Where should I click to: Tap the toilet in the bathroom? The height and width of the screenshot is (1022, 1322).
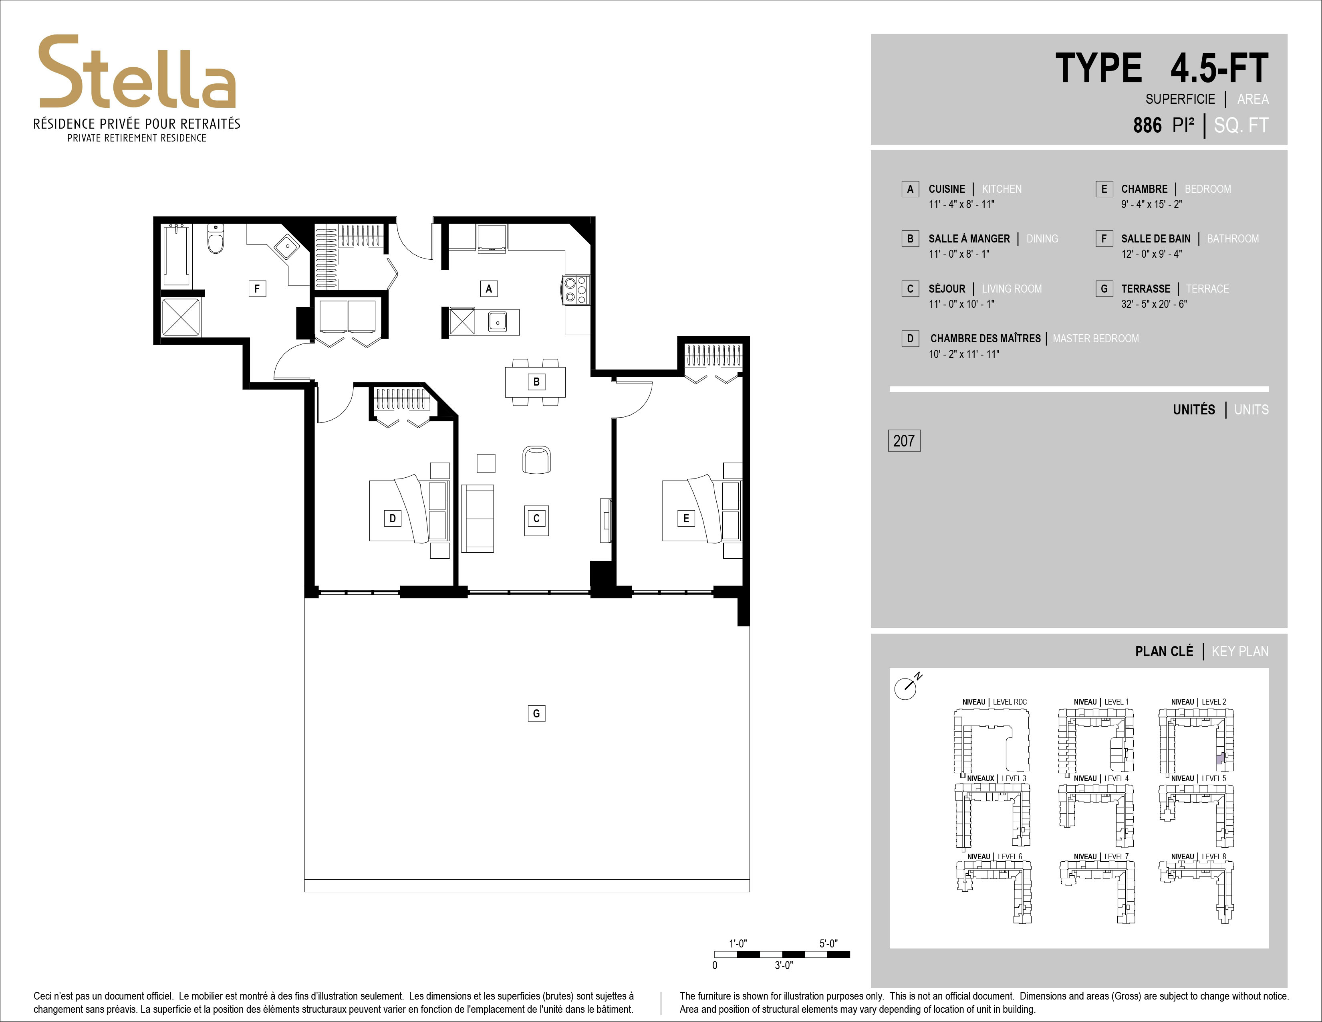(x=216, y=238)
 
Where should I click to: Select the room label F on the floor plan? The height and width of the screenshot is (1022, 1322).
(x=257, y=289)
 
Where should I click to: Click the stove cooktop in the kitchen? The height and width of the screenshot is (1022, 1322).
(x=575, y=289)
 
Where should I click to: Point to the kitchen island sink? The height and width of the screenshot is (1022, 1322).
(x=498, y=321)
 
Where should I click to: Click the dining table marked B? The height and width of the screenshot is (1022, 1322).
(x=536, y=382)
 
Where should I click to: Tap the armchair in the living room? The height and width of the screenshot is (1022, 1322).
(x=536, y=460)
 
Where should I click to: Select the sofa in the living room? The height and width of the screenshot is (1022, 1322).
(x=477, y=518)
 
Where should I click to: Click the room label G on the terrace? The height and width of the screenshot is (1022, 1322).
(x=536, y=713)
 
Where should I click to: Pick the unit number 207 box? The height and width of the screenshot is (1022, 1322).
(x=904, y=441)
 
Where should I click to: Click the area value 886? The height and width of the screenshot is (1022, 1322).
(x=1147, y=125)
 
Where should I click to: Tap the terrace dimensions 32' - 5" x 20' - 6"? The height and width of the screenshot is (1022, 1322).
(x=1154, y=304)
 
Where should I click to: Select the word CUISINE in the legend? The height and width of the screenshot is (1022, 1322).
(x=947, y=189)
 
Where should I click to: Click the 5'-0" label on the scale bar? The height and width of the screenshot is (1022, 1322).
(x=828, y=943)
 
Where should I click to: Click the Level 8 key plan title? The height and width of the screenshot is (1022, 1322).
(x=1199, y=856)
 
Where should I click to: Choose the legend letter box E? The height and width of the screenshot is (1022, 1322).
(x=1104, y=189)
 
